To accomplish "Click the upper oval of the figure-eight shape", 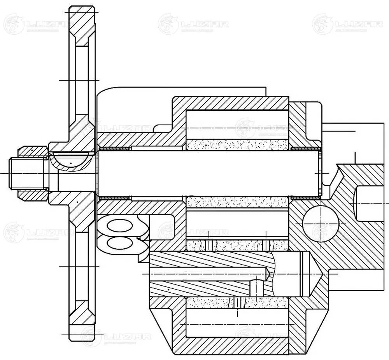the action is tap(120, 226).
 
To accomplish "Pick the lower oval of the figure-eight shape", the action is tap(120, 243).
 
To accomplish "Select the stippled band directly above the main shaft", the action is tap(237, 145).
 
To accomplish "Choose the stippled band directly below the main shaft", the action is tap(237, 202).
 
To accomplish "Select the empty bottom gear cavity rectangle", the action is tap(237, 323).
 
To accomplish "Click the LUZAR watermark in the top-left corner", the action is tap(37, 24).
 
